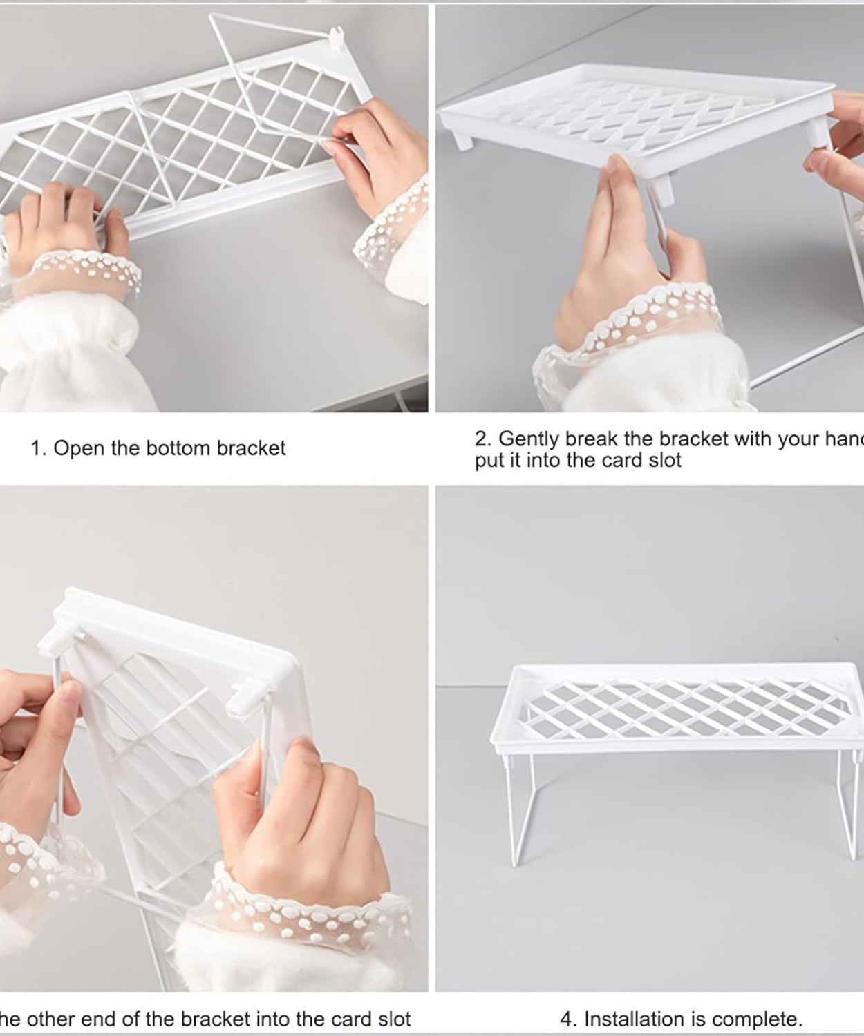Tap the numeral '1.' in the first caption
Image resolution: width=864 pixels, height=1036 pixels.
[38, 449]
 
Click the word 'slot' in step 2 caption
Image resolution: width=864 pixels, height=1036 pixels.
[665, 461]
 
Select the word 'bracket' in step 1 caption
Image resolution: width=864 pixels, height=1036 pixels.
[251, 449]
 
